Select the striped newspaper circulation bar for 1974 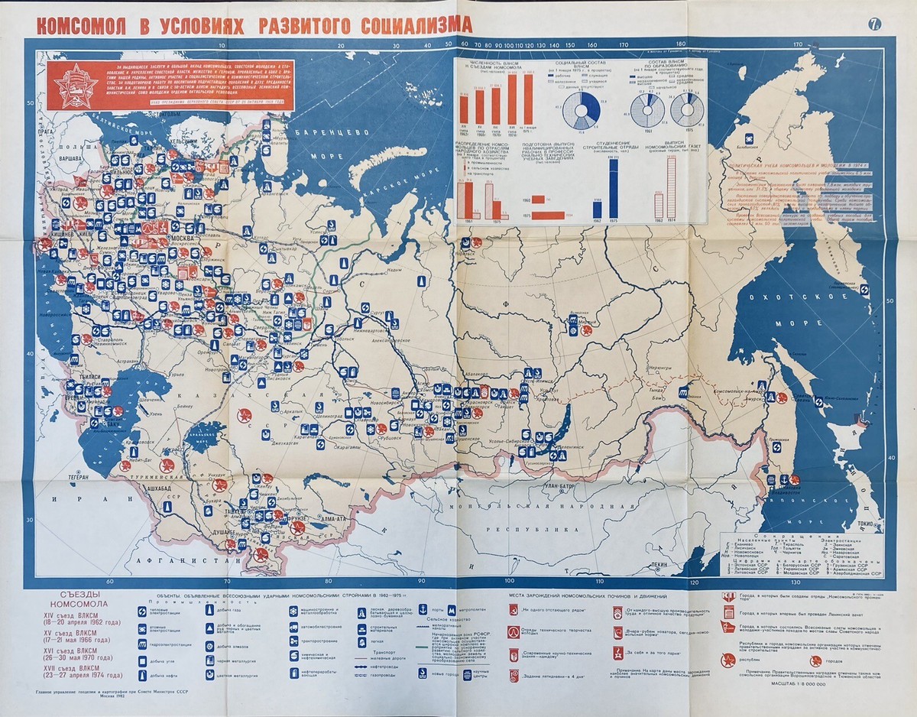[x=672, y=188]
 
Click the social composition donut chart [x=586, y=114]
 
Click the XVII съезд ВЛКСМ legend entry [x=76, y=672]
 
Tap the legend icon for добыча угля [x=142, y=663]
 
